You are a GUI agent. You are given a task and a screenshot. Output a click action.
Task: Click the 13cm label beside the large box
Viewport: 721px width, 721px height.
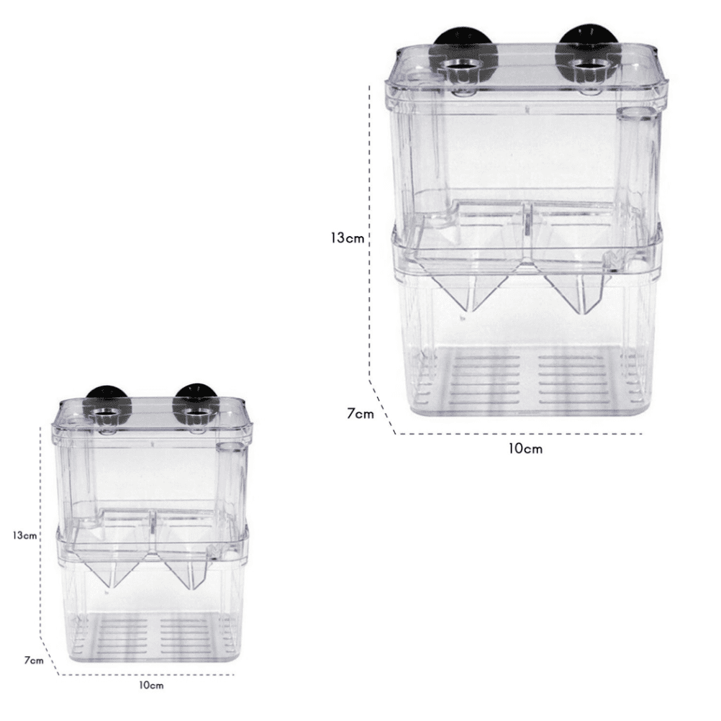[346, 238]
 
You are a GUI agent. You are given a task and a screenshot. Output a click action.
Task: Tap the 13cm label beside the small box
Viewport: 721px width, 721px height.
[24, 535]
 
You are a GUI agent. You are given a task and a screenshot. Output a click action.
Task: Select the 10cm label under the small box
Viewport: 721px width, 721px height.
[151, 686]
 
